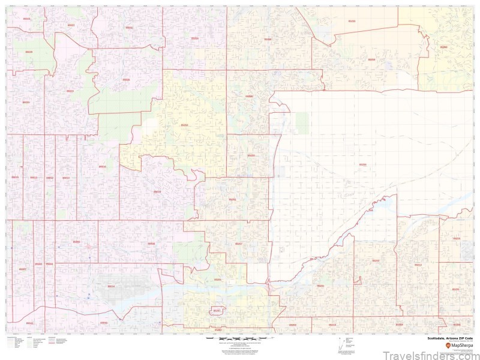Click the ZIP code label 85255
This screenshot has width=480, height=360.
pos(352,21)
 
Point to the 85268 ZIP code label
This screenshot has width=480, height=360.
pos(443,46)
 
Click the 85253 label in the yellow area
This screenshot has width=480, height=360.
pos(184,125)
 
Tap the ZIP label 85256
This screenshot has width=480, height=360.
pos(362,164)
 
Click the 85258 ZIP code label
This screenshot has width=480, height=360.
pos(251,155)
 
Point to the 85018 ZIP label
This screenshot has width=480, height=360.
pos(157,191)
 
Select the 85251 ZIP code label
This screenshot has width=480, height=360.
pos(232,199)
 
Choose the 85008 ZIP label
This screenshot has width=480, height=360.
pos(151,244)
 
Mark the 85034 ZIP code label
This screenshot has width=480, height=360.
pos(110,286)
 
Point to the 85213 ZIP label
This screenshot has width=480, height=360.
pos(418,265)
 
